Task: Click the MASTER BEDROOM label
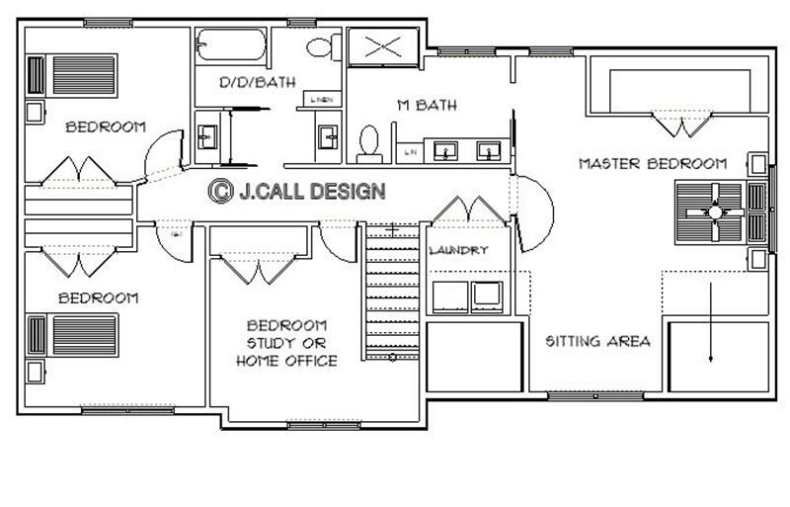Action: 653,163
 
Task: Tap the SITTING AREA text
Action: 598,341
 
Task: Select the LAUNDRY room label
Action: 458,251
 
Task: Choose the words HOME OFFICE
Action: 286,361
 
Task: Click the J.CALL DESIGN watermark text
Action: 311,191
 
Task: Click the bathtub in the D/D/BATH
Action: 230,45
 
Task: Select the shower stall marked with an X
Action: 385,46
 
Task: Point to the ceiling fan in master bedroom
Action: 712,211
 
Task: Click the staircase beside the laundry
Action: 391,291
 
